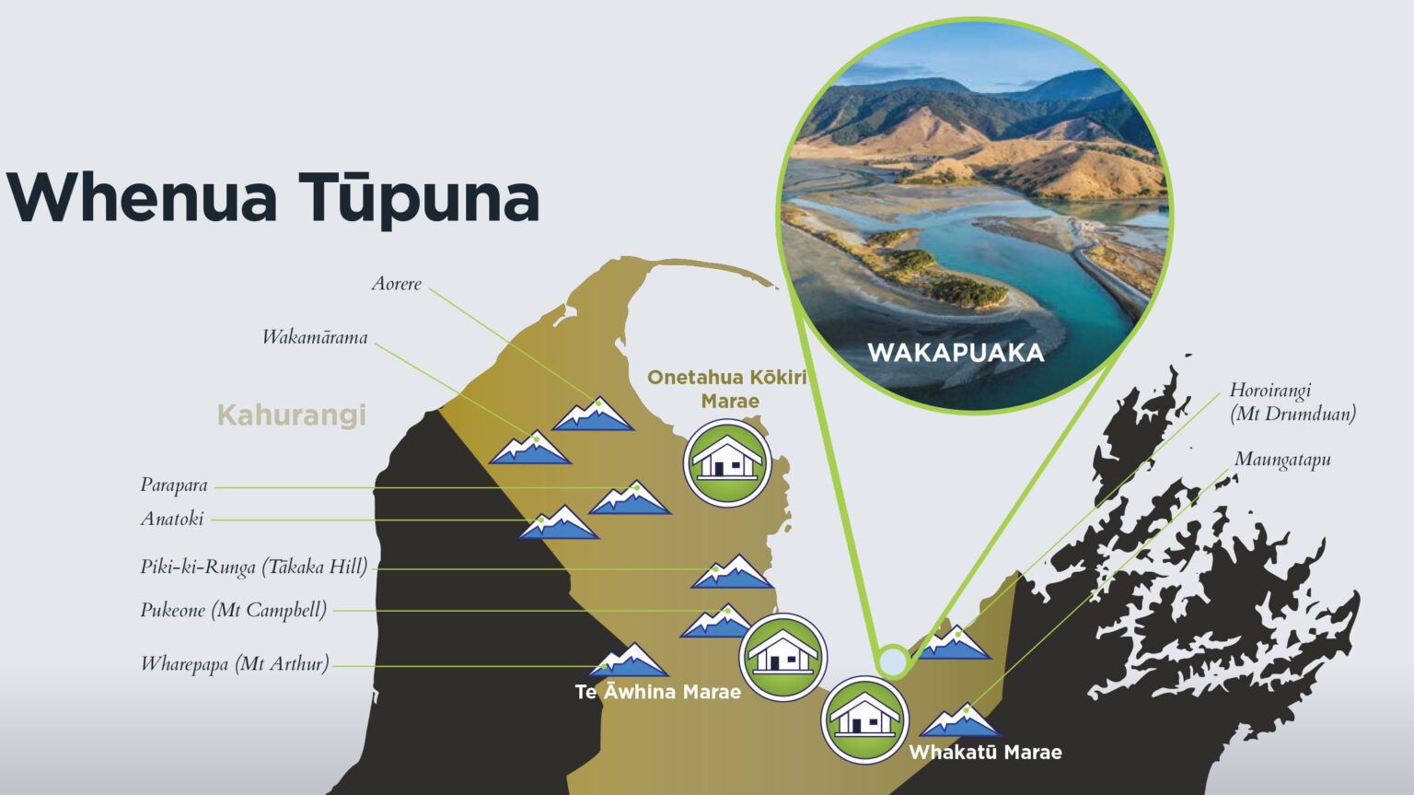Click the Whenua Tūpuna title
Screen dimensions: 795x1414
[x=273, y=198]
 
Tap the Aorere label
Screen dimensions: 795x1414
[x=397, y=284]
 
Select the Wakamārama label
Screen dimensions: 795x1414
[x=315, y=337]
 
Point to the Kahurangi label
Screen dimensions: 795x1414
[x=291, y=415]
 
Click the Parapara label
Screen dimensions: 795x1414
[x=174, y=485]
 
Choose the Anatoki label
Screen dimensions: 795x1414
[x=172, y=519]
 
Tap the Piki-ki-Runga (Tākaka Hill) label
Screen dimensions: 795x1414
[x=254, y=567]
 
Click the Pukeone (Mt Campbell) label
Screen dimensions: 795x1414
[x=234, y=610]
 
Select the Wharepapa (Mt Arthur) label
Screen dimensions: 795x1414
[x=235, y=663]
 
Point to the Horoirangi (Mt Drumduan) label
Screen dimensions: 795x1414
[x=1292, y=402]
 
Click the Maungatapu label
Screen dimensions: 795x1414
[x=1282, y=460]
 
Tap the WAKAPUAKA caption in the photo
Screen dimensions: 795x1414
[x=956, y=353]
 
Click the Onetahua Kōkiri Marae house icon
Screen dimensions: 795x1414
[x=727, y=462]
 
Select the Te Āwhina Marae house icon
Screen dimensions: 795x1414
[x=782, y=657]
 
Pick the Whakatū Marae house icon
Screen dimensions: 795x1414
[x=864, y=719]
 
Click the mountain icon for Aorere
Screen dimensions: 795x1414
[x=594, y=415]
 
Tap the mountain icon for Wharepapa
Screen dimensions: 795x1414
[x=630, y=661]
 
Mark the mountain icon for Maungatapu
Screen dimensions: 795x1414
[x=961, y=720]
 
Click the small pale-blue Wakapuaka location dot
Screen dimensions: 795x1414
[x=892, y=661]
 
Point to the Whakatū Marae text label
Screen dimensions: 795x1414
[x=985, y=753]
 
